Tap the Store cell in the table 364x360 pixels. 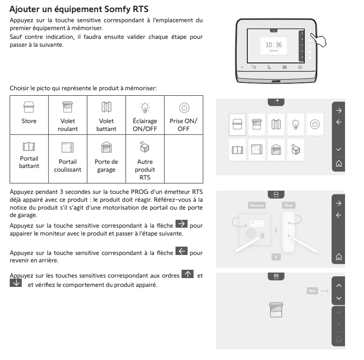[x=29, y=115]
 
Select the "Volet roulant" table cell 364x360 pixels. [x=68, y=115]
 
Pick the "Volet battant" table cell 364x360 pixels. [x=106, y=115]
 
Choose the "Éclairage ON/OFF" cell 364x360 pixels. [x=145, y=115]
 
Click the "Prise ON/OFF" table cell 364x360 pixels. [x=183, y=115]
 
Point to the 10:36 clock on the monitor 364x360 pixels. [x=273, y=45]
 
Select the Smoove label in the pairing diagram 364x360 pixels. [x=257, y=205]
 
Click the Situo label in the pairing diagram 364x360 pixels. [x=288, y=205]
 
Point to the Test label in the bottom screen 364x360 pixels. [x=313, y=291]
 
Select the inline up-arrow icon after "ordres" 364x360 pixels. [x=188, y=274]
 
